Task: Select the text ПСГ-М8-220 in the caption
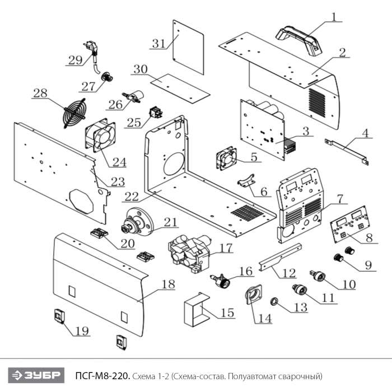point(103,374)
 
